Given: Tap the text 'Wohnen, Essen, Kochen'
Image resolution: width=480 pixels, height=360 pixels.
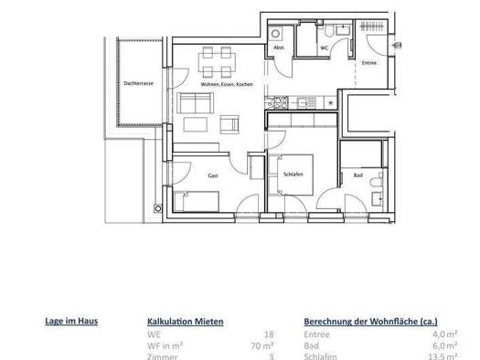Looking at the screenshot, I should [x=220, y=84].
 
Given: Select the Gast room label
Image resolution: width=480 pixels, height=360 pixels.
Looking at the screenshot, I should [x=213, y=175].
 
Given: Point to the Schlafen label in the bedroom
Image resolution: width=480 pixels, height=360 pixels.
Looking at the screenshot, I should [x=293, y=174].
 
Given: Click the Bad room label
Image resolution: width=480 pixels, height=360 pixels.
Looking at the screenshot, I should [x=359, y=174].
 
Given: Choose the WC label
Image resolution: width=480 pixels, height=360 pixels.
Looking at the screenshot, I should [x=325, y=48].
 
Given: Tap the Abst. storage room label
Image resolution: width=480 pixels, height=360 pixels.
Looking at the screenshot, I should [x=279, y=48].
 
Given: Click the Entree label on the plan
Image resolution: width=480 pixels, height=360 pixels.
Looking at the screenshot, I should [x=369, y=63].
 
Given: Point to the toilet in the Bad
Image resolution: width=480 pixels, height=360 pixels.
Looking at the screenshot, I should [x=378, y=194].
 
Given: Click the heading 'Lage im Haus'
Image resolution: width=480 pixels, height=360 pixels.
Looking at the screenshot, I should [x=71, y=321].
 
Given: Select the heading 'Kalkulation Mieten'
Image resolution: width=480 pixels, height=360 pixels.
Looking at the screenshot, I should [x=185, y=322].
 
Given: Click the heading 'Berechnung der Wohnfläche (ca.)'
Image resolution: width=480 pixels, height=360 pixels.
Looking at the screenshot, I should [x=369, y=322].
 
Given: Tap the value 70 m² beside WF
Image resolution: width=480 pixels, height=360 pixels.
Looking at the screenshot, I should [x=262, y=346].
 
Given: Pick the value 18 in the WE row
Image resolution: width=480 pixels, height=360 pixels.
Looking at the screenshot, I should [x=269, y=334].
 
